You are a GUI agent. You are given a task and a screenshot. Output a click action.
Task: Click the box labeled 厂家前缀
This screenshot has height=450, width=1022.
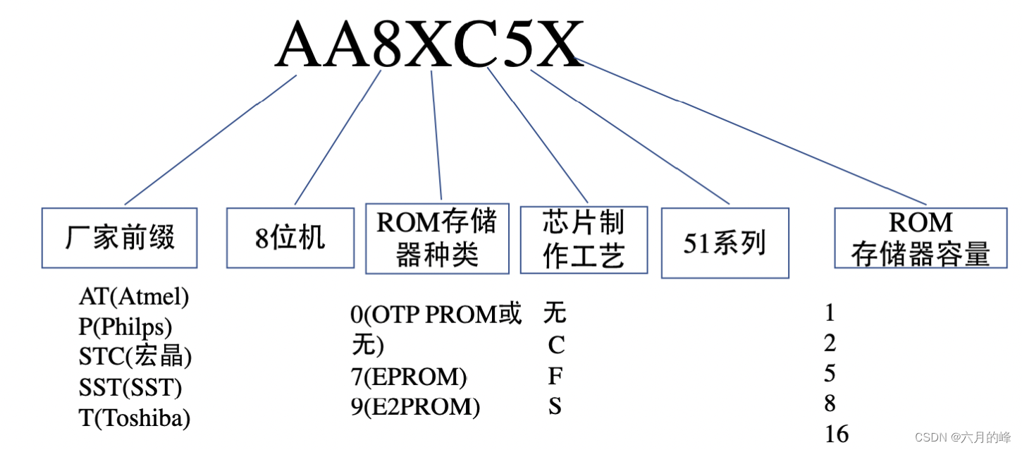(119, 238)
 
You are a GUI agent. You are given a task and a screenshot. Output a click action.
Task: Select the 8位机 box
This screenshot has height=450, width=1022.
(290, 238)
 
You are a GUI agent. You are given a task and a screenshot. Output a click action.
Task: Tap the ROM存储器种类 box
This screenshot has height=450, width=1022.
(437, 238)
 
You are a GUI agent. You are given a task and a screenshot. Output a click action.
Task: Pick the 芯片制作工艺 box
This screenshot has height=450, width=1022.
(584, 240)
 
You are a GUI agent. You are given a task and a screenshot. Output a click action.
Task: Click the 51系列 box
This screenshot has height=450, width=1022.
(725, 243)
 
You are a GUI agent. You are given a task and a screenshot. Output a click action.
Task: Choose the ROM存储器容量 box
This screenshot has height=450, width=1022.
(921, 238)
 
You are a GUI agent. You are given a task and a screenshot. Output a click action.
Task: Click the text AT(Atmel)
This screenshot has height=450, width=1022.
(134, 297)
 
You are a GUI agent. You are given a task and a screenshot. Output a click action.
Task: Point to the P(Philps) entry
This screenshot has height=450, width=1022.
(125, 327)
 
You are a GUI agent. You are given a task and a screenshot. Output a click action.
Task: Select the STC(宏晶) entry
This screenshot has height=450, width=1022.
(135, 357)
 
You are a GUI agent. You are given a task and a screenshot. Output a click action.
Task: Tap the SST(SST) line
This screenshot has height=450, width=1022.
(130, 387)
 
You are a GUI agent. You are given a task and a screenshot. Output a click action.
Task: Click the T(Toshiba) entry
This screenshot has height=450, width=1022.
(135, 418)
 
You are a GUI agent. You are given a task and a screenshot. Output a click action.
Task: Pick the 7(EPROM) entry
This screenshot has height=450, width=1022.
(409, 377)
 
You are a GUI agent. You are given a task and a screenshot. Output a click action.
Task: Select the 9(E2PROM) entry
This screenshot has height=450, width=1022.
(415, 407)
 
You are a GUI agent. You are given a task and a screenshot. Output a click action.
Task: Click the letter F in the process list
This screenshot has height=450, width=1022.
(555, 377)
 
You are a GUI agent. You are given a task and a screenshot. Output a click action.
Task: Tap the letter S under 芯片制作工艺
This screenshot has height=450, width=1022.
(555, 407)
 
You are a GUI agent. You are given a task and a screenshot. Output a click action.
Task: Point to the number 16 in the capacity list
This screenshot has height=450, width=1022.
(837, 433)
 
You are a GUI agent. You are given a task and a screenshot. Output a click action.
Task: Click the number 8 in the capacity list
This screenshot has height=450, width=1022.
(830, 403)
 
